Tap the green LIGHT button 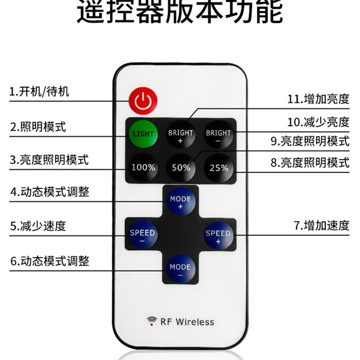point(143,134)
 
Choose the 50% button point(181,167)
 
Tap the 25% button point(219,167)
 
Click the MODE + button point(180,202)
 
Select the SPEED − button point(142,236)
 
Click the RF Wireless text point(187,322)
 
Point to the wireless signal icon point(152,321)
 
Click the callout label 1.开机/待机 point(40,92)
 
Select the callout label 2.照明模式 point(38,127)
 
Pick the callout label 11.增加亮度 point(318,99)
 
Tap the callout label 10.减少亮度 point(318,121)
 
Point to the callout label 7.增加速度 point(321,225)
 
